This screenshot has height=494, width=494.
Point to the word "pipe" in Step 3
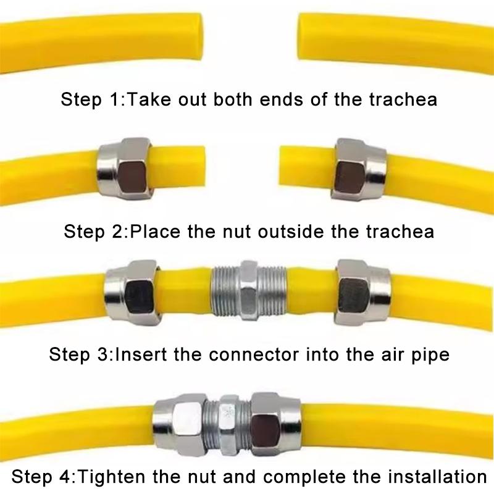[x=427, y=355]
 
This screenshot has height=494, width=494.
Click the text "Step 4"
[x=43, y=477]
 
